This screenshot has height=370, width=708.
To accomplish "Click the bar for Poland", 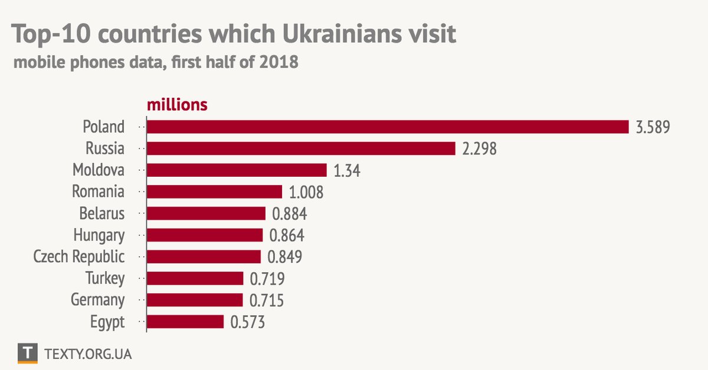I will pyautogui.click(x=388, y=127).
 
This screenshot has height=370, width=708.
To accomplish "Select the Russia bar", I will pyautogui.click(x=301, y=148).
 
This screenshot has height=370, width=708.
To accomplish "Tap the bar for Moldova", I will pyautogui.click(x=237, y=170).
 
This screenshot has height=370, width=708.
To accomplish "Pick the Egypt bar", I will pyautogui.click(x=185, y=322).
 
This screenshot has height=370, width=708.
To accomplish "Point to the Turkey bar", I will pyautogui.click(x=195, y=278).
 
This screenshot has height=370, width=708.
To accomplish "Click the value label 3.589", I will pyautogui.click(x=653, y=127).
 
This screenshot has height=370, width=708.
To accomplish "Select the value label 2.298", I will pyautogui.click(x=480, y=149).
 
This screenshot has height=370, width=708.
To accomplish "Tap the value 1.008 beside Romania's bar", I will pyautogui.click(x=306, y=192).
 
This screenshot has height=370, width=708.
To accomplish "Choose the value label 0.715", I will pyautogui.click(x=266, y=300).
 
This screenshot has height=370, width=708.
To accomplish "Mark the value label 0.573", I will pyautogui.click(x=247, y=322).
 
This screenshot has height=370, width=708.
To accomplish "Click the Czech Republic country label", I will pyautogui.click(x=79, y=257).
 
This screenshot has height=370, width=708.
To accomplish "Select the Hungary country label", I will pyautogui.click(x=99, y=236).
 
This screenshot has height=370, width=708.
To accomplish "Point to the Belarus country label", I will pyautogui.click(x=102, y=213).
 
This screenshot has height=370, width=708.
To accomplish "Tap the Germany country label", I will pyautogui.click(x=98, y=300).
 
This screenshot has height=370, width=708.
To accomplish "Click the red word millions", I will pyautogui.click(x=177, y=105).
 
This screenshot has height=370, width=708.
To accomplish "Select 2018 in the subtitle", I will pyautogui.click(x=278, y=62).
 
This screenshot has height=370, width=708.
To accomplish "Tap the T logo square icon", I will pyautogui.click(x=28, y=354).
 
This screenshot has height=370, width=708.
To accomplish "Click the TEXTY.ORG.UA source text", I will pyautogui.click(x=88, y=354).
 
